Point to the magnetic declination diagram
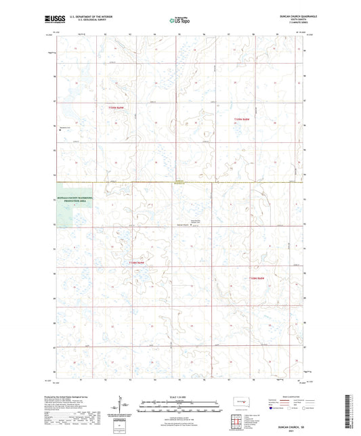(x=125, y=406)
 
